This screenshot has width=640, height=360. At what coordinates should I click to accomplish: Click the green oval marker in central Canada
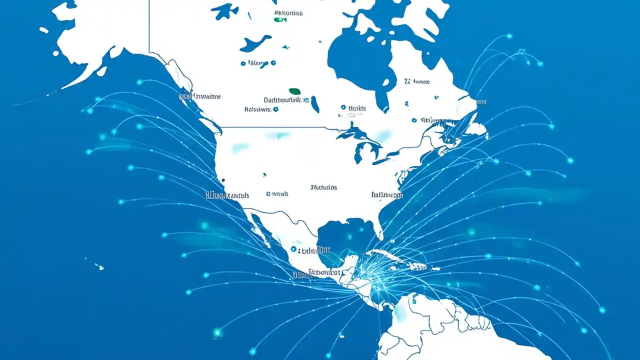(x=295, y=91)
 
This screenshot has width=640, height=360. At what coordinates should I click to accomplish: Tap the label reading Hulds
(x=357, y=108)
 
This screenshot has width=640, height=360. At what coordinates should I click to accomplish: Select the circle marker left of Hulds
(x=343, y=107)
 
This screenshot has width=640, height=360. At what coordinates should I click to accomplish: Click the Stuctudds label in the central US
(x=323, y=187)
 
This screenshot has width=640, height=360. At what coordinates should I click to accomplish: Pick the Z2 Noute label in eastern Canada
(x=416, y=81)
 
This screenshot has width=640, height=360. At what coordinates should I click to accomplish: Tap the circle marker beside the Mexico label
(x=293, y=248)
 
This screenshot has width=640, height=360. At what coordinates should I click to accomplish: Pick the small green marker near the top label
(x=279, y=20)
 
